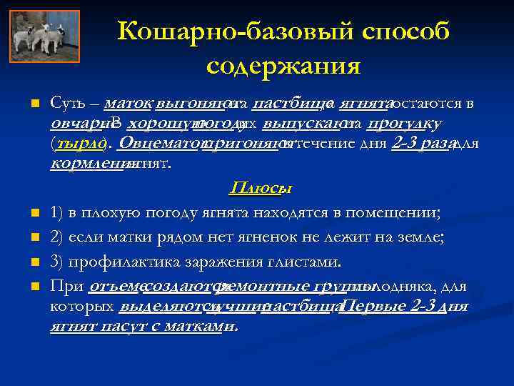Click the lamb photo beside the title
point(46,36)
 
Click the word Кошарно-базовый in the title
point(217,31)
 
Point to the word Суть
point(66,104)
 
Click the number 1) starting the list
point(58,212)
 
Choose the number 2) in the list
point(58,237)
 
